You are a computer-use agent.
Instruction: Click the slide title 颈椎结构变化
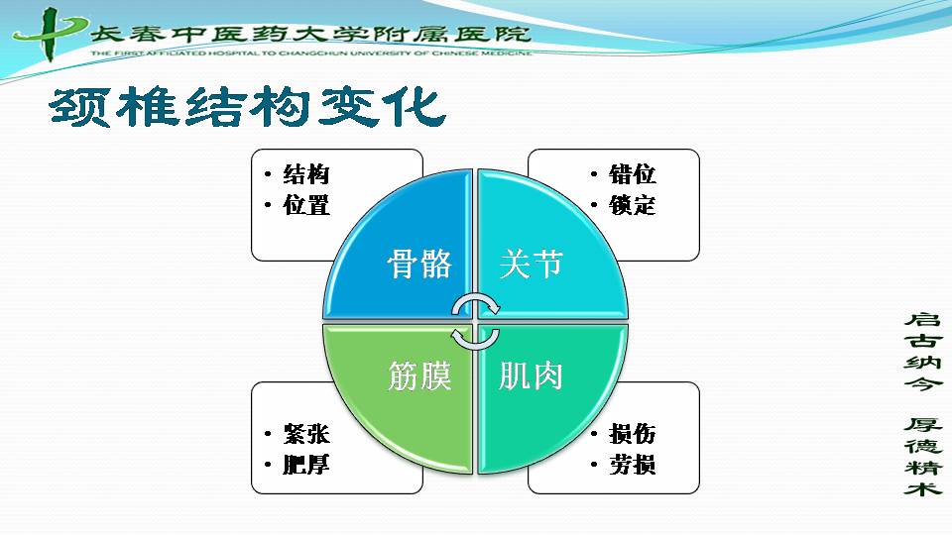248,107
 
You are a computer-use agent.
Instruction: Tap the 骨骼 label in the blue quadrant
419,264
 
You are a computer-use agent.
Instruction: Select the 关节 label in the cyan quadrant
532,264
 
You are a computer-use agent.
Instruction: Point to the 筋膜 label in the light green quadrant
419,375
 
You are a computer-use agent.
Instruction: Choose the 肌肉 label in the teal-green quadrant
532,375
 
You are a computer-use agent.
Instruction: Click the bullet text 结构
306,174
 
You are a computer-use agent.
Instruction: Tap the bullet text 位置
306,205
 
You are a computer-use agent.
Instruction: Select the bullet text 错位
632,174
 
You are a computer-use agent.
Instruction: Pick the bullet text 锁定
632,205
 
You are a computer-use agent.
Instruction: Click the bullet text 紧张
306,434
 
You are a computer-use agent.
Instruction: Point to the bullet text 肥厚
306,465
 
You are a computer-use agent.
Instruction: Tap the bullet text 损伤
632,434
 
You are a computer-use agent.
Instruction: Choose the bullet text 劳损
632,465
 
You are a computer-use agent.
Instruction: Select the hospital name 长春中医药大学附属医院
310,34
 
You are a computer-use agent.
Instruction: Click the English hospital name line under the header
310,53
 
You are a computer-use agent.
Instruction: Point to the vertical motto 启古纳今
923,352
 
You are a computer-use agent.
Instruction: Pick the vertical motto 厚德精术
923,456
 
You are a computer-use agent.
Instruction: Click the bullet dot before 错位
594,174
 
